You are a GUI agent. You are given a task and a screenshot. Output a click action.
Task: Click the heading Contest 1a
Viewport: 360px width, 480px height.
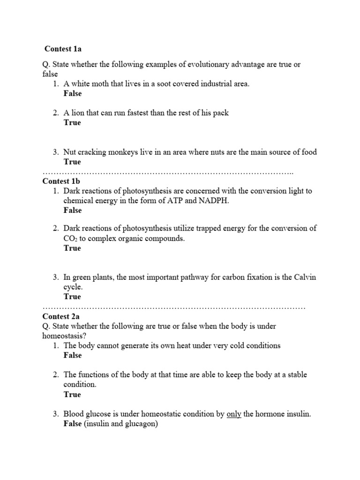[x=63, y=49]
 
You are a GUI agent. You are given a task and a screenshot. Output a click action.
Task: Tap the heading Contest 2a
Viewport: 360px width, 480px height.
[x=61, y=316]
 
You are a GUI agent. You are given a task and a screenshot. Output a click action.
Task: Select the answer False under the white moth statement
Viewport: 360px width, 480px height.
[x=73, y=94]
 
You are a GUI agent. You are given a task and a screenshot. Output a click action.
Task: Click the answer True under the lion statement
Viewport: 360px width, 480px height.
[x=72, y=123]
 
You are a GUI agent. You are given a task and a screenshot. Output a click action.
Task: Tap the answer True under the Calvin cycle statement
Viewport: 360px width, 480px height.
[x=72, y=297]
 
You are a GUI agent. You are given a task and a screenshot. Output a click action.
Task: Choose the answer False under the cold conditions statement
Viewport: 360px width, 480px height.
[x=73, y=355]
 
